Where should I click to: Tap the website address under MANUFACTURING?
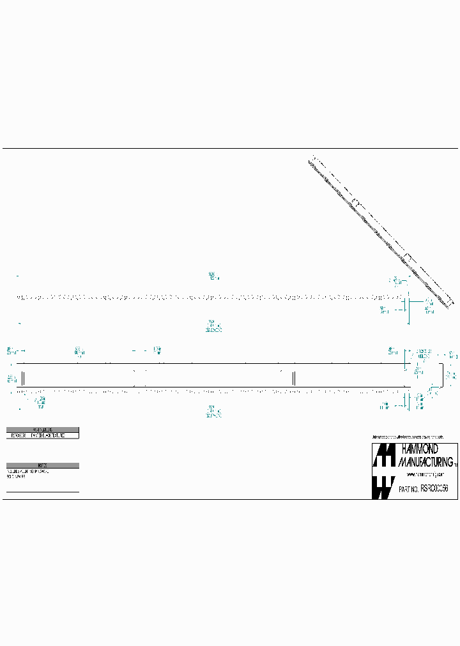[422, 475]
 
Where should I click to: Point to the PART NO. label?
[408, 488]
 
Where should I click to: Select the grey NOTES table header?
[42, 465]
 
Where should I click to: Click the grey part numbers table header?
[42, 430]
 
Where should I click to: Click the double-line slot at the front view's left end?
[23, 377]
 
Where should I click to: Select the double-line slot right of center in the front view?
[293, 377]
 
